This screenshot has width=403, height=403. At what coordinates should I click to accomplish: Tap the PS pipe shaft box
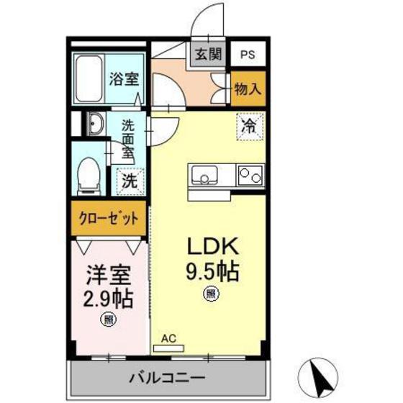tap(247, 55)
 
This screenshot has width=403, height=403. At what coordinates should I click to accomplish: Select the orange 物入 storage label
tap(248, 90)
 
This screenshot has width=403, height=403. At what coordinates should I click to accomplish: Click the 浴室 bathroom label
tap(124, 78)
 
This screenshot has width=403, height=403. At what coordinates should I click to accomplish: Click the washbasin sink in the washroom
tap(94, 126)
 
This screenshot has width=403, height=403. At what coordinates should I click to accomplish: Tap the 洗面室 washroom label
tap(127, 137)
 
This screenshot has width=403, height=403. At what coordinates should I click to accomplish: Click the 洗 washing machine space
tap(129, 180)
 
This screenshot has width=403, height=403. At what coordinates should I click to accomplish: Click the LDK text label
tap(212, 247)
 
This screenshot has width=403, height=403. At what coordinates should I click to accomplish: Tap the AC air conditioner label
tap(168, 338)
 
